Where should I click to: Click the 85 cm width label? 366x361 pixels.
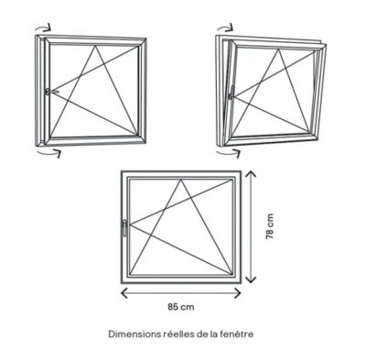tap(181, 307)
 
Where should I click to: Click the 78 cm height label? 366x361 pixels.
tap(270, 226)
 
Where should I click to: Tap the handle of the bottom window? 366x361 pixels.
tap(124, 228)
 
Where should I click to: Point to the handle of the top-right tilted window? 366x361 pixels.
tap(231, 93)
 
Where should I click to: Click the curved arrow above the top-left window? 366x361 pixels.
tap(43, 28)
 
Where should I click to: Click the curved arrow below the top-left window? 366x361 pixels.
tap(48, 152)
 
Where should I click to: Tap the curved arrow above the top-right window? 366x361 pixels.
tap(225, 27)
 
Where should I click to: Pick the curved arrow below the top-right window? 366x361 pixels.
tap(229, 152)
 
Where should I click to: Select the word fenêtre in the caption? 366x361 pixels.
tap(237, 334)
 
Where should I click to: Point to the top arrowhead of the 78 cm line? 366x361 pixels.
tap(251, 174)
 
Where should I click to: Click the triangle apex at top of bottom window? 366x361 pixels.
tap(181, 180)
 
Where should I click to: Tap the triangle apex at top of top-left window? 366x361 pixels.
tap(95, 46)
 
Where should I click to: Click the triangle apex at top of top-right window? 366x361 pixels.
tap(278, 49)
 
